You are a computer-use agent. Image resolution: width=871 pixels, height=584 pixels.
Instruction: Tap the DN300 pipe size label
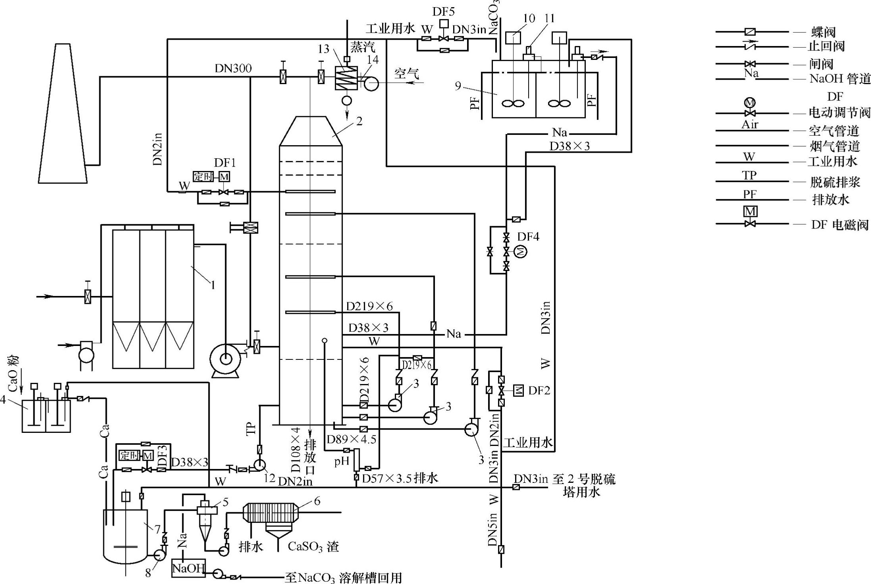coord(233,69)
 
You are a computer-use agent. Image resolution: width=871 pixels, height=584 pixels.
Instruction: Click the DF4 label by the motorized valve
coord(528,237)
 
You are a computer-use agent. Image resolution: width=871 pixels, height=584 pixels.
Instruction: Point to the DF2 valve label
coord(539,390)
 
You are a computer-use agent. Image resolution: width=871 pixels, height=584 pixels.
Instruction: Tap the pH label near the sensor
coord(341,461)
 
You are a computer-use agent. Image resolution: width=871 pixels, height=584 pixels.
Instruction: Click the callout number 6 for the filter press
coord(317,501)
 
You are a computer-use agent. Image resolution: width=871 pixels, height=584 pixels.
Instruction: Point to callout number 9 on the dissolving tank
coord(458,85)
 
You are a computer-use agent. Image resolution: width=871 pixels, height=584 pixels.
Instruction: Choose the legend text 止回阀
coord(826,46)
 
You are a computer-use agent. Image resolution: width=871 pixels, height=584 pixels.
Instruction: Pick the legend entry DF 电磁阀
coord(840,225)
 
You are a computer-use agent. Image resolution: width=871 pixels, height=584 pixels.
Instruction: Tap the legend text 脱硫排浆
coord(835,182)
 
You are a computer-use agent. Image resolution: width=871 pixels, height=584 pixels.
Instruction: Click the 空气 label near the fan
coord(406,73)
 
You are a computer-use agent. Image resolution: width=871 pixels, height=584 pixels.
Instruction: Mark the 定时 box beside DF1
coord(203,176)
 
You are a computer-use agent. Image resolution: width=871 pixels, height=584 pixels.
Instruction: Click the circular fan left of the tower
coord(225,359)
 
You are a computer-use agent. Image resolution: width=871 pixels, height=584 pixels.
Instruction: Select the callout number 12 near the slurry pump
coord(269,478)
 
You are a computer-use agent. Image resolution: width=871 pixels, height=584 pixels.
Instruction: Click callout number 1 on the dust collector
coord(213,284)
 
